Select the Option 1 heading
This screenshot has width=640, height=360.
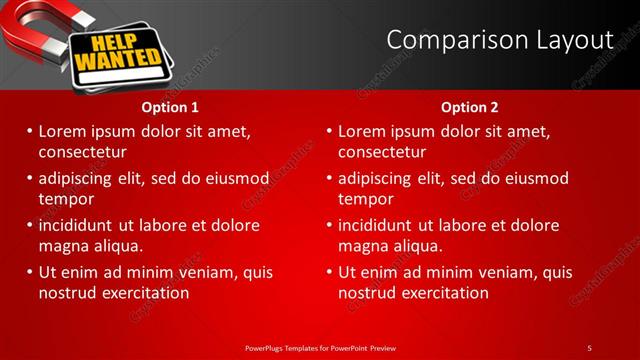pos(170,107)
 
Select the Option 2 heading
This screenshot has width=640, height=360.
pos(470,107)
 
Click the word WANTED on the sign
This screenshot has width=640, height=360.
pos(111,61)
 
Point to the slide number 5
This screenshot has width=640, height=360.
pos(589,347)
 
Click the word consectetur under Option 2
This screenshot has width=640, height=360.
pos(382,152)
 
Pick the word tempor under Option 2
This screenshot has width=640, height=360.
pos(366,199)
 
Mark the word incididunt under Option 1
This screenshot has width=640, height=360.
pos(76,225)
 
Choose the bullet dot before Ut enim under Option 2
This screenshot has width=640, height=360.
pos(329,272)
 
